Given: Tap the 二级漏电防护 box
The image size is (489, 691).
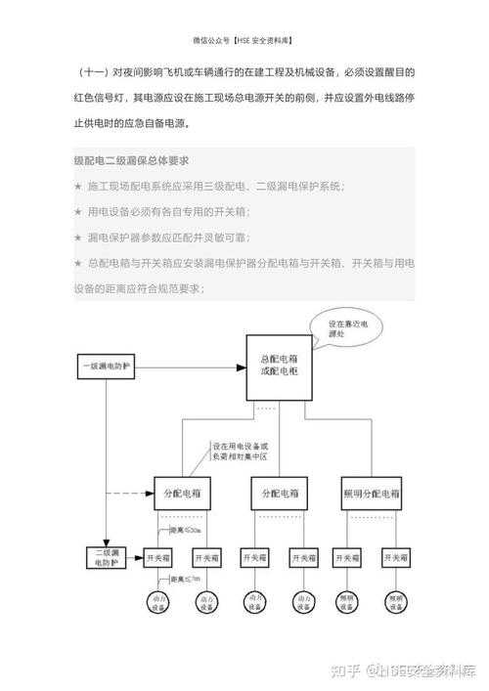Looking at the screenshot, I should (x=106, y=558).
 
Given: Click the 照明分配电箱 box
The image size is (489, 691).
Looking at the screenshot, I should (x=371, y=491).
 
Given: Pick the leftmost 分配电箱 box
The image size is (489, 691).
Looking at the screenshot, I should (x=182, y=491).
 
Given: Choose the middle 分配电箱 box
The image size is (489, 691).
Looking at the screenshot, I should (x=280, y=491).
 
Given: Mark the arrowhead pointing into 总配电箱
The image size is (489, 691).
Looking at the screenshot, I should (x=241, y=368).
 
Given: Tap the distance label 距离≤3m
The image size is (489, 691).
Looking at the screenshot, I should (x=185, y=580).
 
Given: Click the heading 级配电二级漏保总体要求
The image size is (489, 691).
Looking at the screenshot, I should (x=131, y=160).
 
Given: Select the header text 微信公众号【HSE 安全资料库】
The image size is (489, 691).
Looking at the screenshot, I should (x=244, y=41).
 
